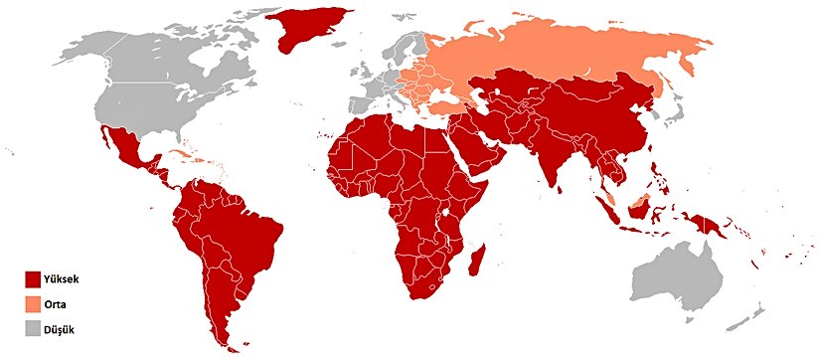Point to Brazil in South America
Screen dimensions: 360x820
[244, 224]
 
